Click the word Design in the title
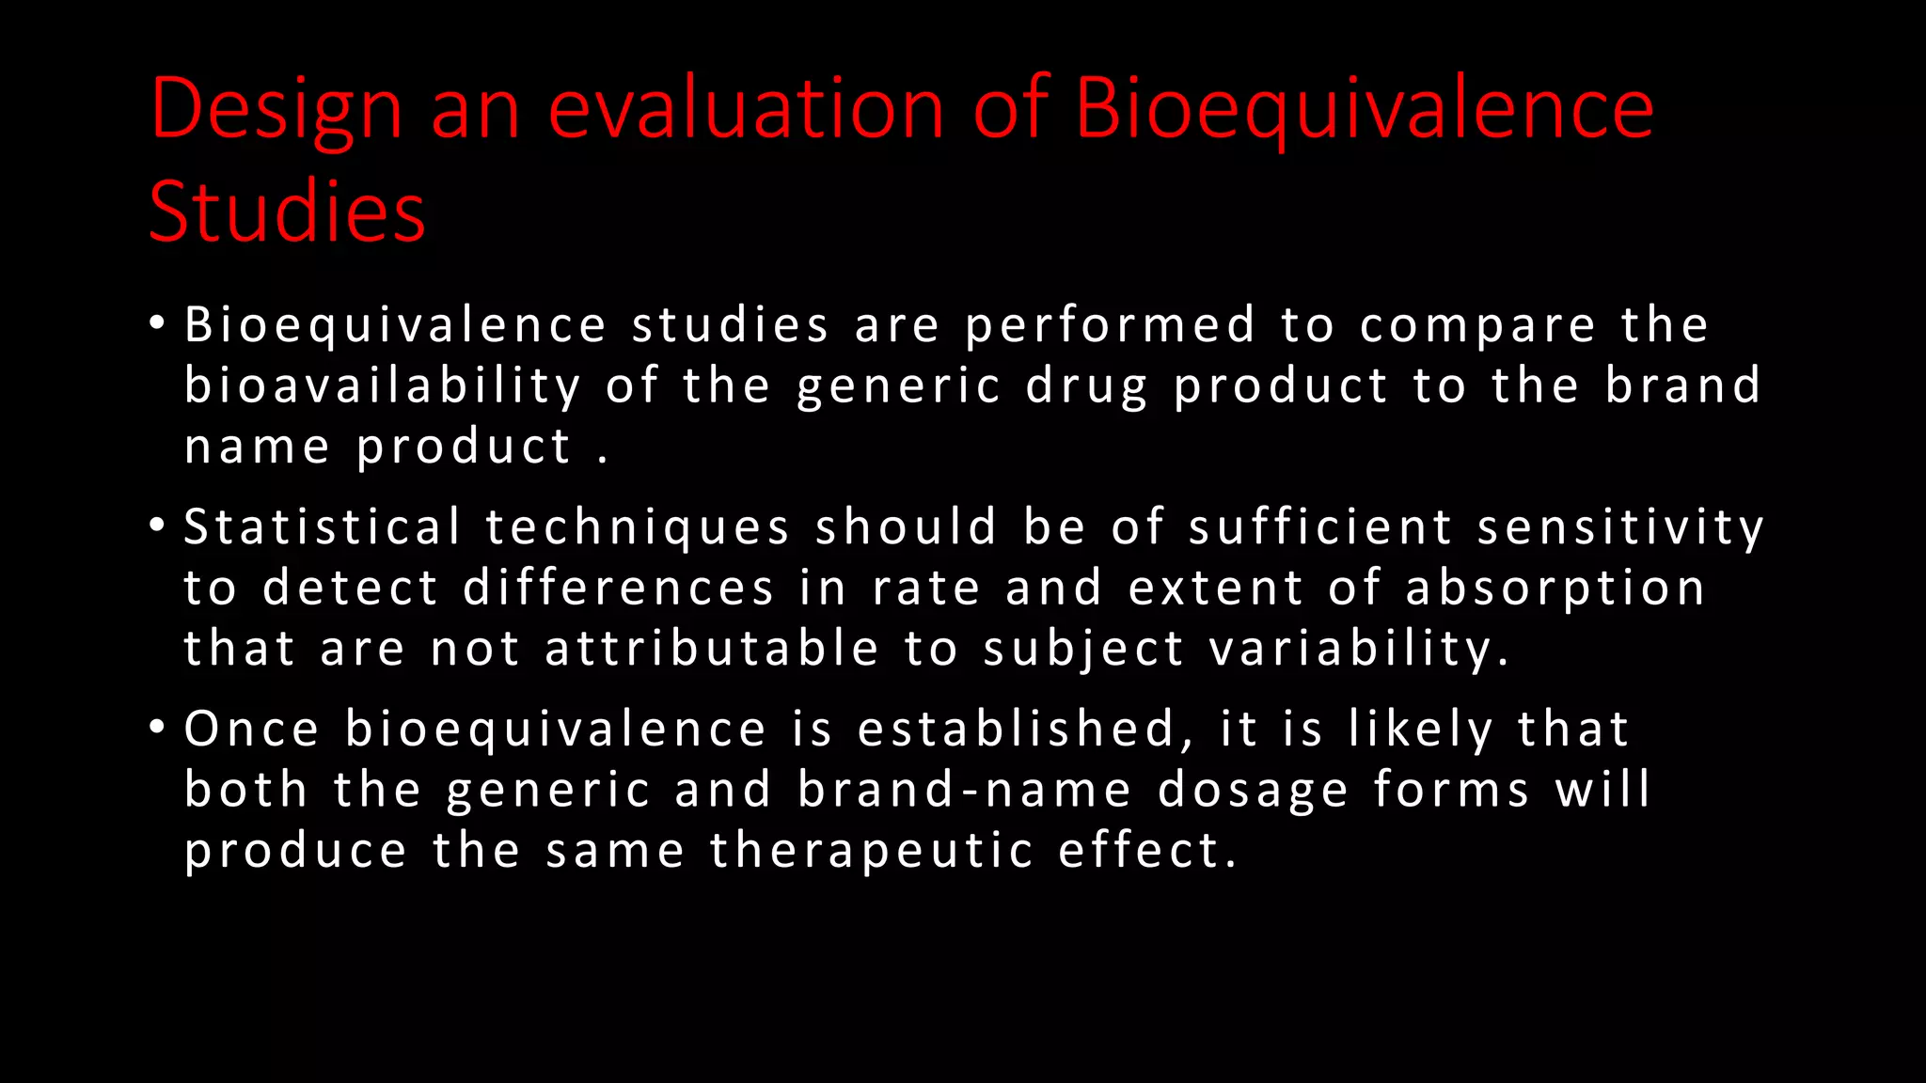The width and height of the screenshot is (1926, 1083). pos(276,111)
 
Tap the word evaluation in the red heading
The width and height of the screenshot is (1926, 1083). pos(746,109)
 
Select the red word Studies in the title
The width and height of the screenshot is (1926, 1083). pos(287,212)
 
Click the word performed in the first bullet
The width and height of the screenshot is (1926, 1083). pos(1111,326)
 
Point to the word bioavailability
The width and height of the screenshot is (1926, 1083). pos(383,387)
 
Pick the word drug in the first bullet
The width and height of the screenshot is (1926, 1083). pos(1086,387)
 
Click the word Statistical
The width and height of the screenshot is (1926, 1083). pos(323,526)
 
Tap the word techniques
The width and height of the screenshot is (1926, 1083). pos(638,528)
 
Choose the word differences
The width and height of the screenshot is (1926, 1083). pos(619,589)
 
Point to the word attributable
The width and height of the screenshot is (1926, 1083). pos(712,649)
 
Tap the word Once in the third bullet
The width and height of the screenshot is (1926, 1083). pos(252,730)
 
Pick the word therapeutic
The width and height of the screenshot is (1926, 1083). pos(872,852)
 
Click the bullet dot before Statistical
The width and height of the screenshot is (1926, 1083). pos(157,526)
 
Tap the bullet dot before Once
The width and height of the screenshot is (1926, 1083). pos(157,728)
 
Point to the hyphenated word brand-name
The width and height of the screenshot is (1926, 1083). pos(964,790)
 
